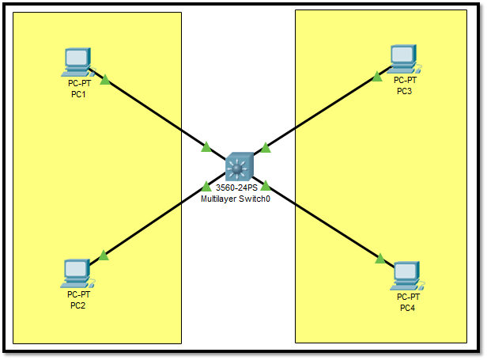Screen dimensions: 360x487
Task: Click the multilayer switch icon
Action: [x=238, y=166]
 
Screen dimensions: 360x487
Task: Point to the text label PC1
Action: [x=78, y=95]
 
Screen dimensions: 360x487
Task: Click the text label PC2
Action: [x=77, y=305]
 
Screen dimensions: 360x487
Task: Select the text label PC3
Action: [x=405, y=91]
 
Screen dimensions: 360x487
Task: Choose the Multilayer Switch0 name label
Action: [x=236, y=199]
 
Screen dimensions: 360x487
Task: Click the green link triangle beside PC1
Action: [x=105, y=79]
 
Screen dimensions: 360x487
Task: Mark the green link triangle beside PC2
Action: [x=103, y=255]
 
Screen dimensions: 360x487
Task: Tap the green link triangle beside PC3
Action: [x=378, y=77]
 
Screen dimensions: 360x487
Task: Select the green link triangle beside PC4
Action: [x=380, y=258]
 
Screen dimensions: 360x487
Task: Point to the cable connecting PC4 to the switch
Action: [x=324, y=222]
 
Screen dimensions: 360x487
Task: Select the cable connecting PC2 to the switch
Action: [x=154, y=221]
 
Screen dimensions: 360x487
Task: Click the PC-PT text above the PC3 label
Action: [x=405, y=80]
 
